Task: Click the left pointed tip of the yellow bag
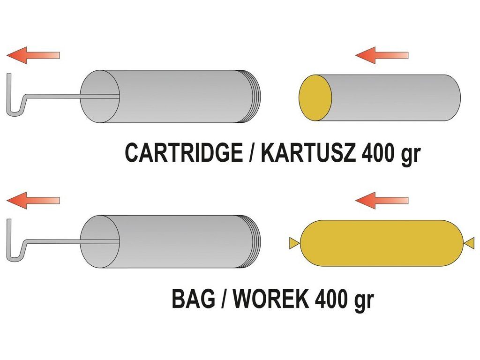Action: coord(293,242)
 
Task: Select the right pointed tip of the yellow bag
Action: coord(470,242)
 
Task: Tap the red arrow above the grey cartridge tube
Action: coord(382,55)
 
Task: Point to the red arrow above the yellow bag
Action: coord(382,200)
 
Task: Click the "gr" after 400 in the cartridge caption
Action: coord(411,155)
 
